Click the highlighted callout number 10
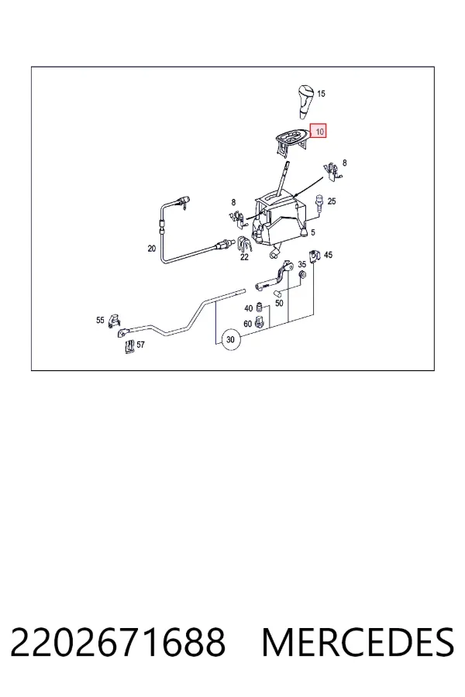pyautogui.click(x=319, y=131)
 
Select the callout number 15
pyautogui.click(x=321, y=94)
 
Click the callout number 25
pyautogui.click(x=332, y=201)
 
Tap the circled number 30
pyautogui.click(x=230, y=340)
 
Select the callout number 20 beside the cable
pyautogui.click(x=152, y=249)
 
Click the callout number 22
pyautogui.click(x=244, y=257)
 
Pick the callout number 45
pyautogui.click(x=328, y=255)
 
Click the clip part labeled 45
pyautogui.click(x=315, y=256)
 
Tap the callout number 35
pyautogui.click(x=301, y=265)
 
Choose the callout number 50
pyautogui.click(x=279, y=303)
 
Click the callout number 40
pyautogui.click(x=248, y=308)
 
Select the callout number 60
pyautogui.click(x=247, y=324)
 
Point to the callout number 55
pyautogui.click(x=100, y=320)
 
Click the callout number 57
pyautogui.click(x=140, y=345)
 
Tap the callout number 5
pyautogui.click(x=313, y=232)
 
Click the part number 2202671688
pyautogui.click(x=118, y=642)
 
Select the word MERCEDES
pyautogui.click(x=358, y=642)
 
